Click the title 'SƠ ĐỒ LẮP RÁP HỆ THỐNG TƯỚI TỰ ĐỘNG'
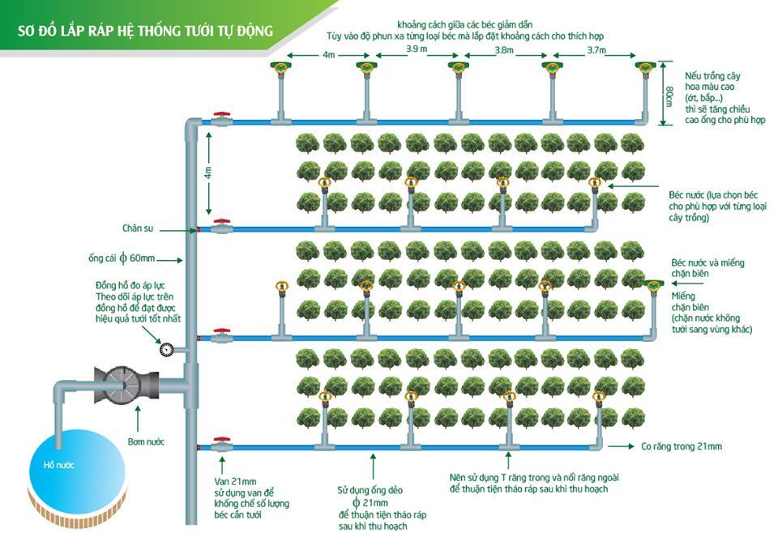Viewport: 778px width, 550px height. pyautogui.click(x=146, y=32)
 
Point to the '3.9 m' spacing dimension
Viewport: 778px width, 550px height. pyautogui.click(x=417, y=50)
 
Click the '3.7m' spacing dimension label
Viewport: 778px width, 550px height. pyautogui.click(x=599, y=50)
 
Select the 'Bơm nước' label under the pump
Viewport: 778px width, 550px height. pyautogui.click(x=145, y=442)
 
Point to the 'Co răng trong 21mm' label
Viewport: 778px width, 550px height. pyautogui.click(x=681, y=446)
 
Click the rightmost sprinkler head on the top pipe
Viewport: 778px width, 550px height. pyautogui.click(x=646, y=68)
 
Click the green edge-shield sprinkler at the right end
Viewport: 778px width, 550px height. pyautogui.click(x=652, y=284)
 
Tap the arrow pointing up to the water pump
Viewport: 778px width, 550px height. pyautogui.click(x=139, y=420)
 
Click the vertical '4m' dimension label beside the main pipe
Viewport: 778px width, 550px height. pyautogui.click(x=208, y=173)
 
